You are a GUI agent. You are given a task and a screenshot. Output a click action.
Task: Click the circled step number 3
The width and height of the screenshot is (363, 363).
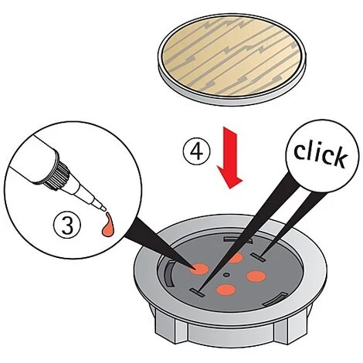point(67,226)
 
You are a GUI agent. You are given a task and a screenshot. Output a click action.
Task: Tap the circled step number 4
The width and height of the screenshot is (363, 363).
point(197,152)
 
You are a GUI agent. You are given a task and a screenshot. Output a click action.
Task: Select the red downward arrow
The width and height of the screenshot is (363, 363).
point(229,158)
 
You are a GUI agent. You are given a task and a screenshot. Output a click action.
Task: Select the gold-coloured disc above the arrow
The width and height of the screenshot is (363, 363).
point(232,59)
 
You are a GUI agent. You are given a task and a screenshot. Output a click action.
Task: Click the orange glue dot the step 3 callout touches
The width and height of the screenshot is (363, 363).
point(198,269)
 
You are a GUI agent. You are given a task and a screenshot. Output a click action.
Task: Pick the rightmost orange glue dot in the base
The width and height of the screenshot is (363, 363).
point(256,276)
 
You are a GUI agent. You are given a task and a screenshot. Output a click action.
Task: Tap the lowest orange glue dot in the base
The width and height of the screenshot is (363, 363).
point(226,290)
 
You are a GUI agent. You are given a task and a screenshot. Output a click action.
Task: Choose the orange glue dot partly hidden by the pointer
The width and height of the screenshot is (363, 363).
point(236,257)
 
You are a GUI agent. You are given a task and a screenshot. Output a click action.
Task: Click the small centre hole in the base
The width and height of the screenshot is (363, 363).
point(226,275)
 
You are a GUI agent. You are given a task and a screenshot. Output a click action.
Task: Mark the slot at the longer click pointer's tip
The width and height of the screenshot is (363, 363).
point(197,293)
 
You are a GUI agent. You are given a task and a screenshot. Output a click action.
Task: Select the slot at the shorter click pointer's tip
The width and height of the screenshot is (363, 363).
point(258,257)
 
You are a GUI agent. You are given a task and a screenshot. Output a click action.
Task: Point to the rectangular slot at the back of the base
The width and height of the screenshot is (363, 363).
point(237,240)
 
